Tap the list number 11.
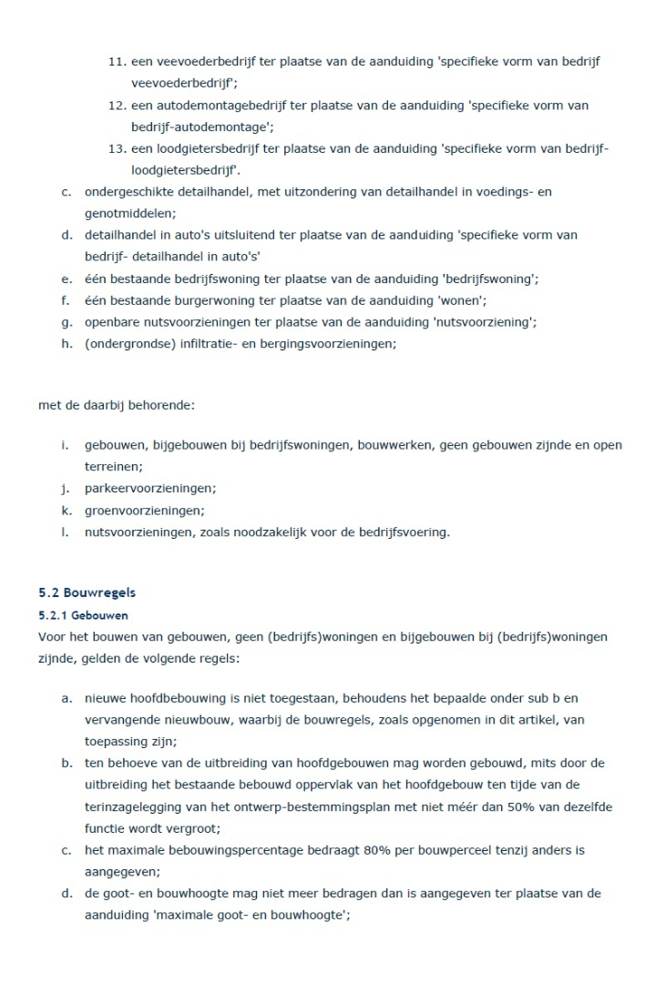click(116, 61)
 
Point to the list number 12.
click(116, 106)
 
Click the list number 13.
click(116, 149)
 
